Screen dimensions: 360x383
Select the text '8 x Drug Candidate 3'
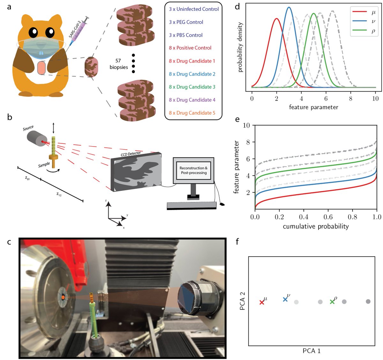[192, 87]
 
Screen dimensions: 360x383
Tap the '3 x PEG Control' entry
[186, 22]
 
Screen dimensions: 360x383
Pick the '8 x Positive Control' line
[190, 48]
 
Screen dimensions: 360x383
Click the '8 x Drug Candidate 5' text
[192, 113]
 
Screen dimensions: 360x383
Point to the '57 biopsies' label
[118, 64]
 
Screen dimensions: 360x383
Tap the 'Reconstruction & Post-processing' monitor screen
[193, 170]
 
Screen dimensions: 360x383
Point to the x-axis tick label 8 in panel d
[350, 99]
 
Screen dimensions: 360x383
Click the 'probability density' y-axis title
[240, 47]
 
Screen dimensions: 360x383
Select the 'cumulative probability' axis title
[316, 227]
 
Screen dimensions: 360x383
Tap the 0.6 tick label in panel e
[328, 217]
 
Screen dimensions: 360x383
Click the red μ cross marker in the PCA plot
[262, 302]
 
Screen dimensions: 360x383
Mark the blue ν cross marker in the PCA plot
[285, 299]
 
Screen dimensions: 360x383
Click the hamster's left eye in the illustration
[33, 32]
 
